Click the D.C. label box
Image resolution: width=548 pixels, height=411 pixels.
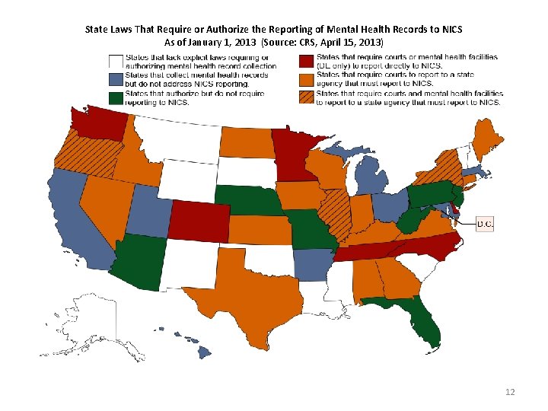[x=485, y=224]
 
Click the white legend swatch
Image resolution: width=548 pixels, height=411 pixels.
[x=116, y=62]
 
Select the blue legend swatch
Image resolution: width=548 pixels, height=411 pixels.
[x=116, y=80]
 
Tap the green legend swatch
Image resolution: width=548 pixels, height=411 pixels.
[x=116, y=97]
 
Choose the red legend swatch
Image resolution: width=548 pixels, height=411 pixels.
[x=306, y=62]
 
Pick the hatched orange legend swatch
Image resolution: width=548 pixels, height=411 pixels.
[x=306, y=97]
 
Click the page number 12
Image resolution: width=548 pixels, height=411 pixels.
[x=510, y=392]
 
